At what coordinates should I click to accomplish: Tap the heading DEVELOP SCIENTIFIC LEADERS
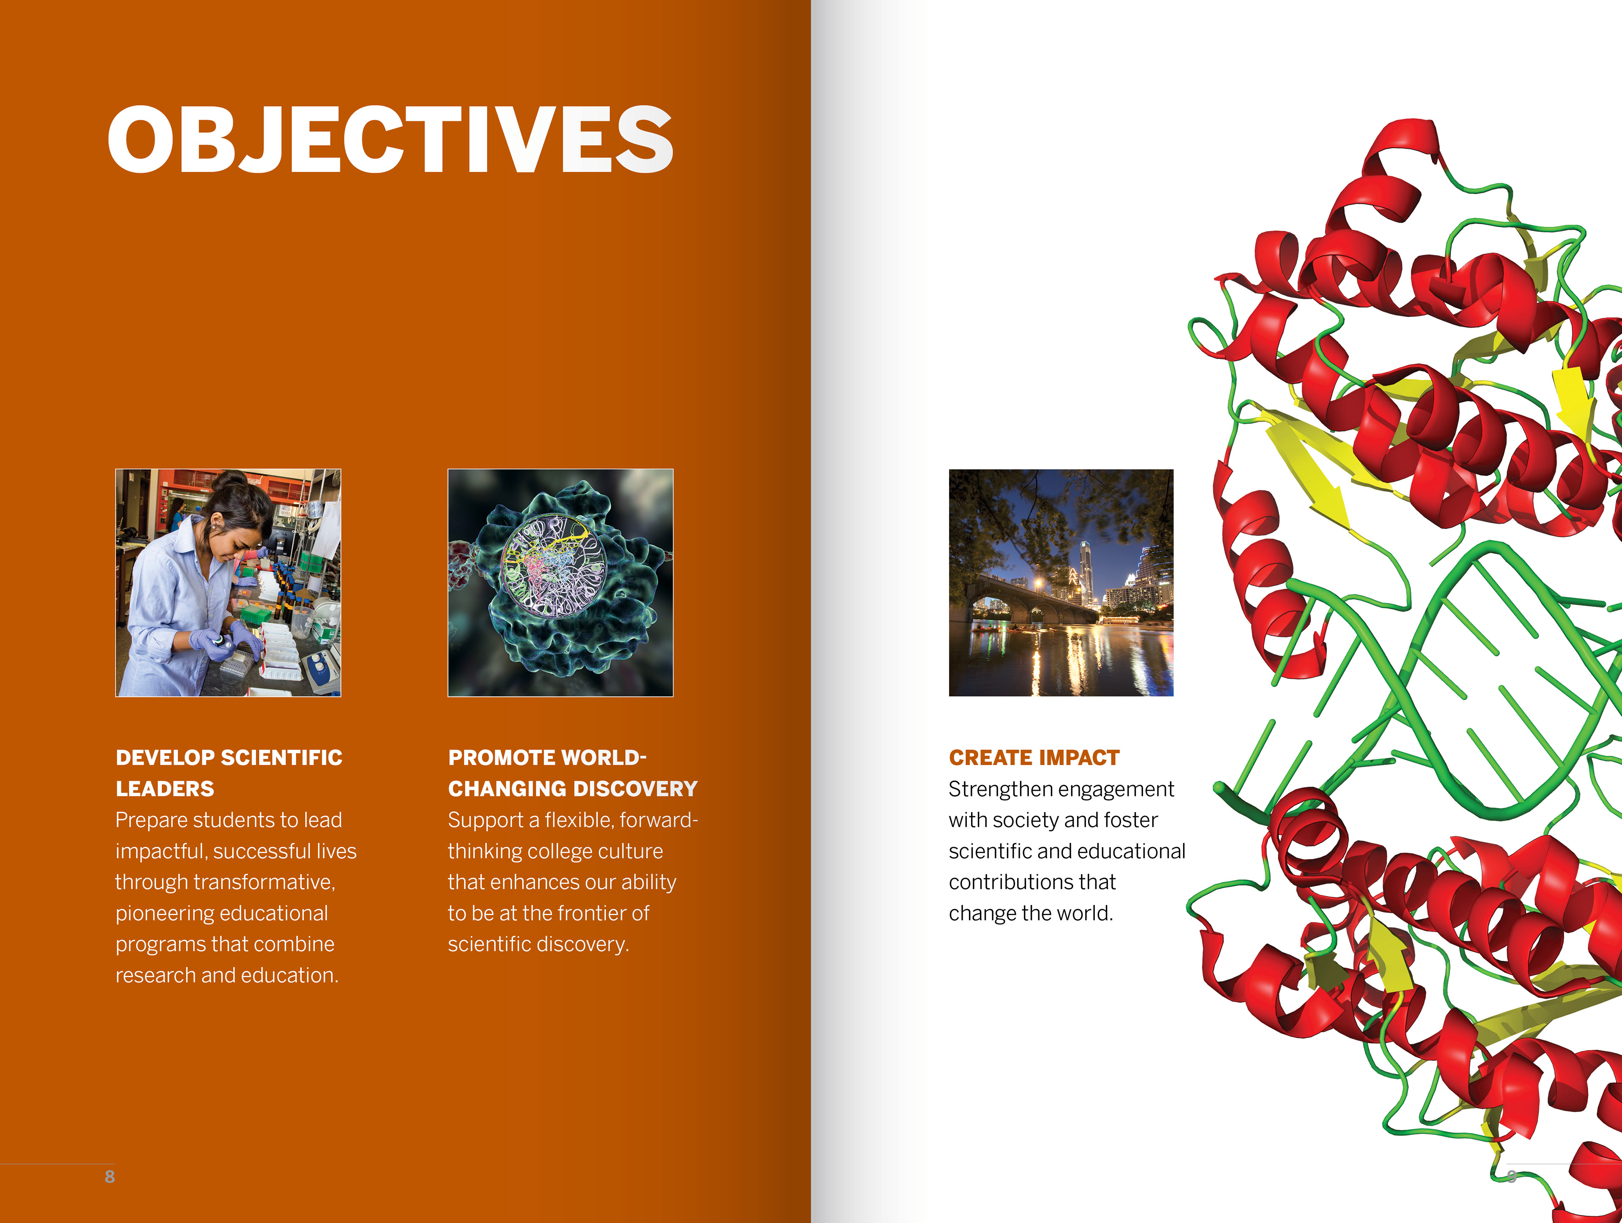click(229, 773)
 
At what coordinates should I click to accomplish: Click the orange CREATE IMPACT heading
click(1034, 758)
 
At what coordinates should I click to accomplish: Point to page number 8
click(109, 1176)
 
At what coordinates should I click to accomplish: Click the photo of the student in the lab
click(228, 582)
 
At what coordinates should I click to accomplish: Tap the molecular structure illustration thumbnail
click(560, 582)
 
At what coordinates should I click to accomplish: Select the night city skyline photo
click(1061, 582)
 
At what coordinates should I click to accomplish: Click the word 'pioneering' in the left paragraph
click(166, 913)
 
